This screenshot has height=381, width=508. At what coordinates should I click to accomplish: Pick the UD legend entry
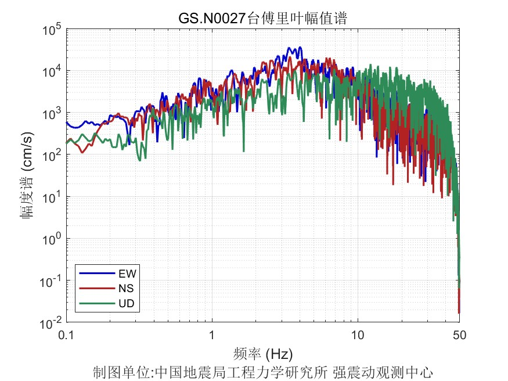click(x=127, y=303)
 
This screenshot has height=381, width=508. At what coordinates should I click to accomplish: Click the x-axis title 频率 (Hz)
click(x=262, y=353)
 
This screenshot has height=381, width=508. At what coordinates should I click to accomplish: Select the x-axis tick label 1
click(x=212, y=336)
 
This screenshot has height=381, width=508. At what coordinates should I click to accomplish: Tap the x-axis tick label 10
click(x=358, y=336)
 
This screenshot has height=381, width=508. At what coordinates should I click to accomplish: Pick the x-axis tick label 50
click(x=459, y=336)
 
